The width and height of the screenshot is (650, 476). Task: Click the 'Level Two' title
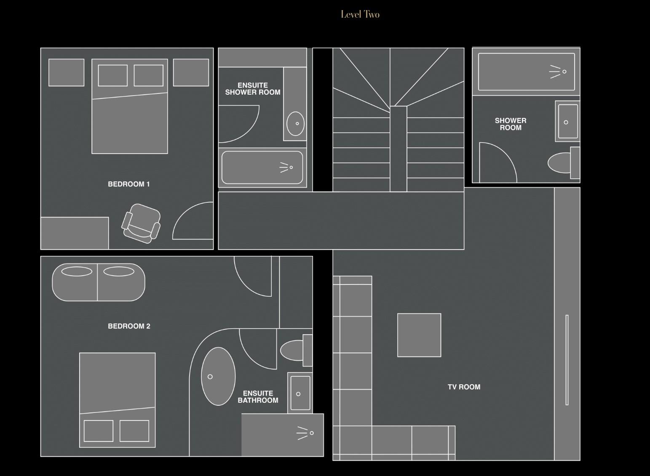pyautogui.click(x=360, y=15)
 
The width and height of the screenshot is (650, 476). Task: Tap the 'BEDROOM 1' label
pyautogui.click(x=129, y=184)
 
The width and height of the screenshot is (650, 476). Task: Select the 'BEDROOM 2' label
pyautogui.click(x=129, y=326)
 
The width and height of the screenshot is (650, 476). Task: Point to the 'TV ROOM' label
pyautogui.click(x=464, y=387)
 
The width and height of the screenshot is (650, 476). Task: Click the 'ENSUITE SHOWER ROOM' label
pyautogui.click(x=253, y=89)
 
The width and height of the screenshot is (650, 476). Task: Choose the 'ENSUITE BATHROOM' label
pyautogui.click(x=258, y=397)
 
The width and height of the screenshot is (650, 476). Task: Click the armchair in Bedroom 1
pyautogui.click(x=142, y=223)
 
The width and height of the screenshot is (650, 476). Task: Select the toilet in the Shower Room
pyautogui.click(x=562, y=163)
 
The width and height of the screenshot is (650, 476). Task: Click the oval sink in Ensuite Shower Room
pyautogui.click(x=295, y=124)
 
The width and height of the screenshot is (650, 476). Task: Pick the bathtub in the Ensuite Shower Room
pyautogui.click(x=262, y=168)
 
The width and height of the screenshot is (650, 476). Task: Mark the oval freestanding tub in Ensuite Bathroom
pyautogui.click(x=218, y=376)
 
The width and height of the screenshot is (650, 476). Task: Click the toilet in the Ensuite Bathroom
pyautogui.click(x=295, y=350)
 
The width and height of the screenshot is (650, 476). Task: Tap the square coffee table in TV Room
pyautogui.click(x=419, y=335)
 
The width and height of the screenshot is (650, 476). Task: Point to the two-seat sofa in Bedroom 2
pyautogui.click(x=99, y=282)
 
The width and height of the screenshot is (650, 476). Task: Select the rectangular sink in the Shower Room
pyautogui.click(x=567, y=121)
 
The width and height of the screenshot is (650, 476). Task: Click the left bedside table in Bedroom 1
pyautogui.click(x=66, y=72)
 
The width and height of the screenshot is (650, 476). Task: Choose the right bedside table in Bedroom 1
pyautogui.click(x=191, y=72)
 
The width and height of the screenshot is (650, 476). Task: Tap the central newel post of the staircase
pyautogui.click(x=398, y=149)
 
